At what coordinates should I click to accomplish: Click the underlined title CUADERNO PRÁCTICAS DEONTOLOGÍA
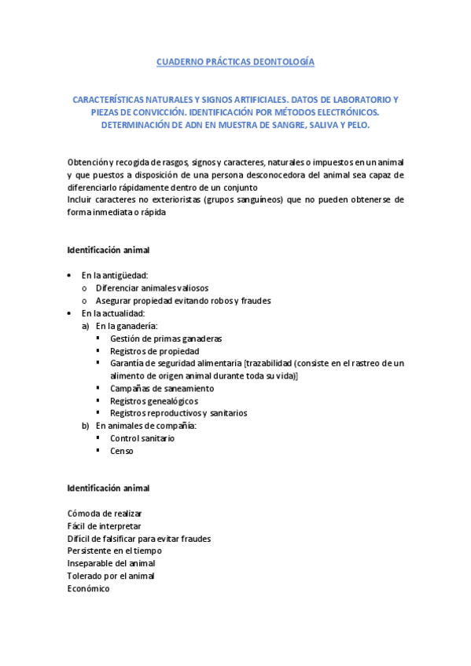pos(235,60)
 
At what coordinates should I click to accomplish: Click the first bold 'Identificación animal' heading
pos(108,250)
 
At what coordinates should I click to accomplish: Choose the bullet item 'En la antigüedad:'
pos(115,275)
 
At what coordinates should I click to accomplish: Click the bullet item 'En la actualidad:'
pos(114,313)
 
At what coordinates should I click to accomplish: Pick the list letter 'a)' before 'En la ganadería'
pos(86,325)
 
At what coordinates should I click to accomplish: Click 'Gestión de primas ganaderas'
pos(166,338)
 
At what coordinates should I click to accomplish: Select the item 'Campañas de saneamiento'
pos(162,388)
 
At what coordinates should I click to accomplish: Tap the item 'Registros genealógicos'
pos(154,401)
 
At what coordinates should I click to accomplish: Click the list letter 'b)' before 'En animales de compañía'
pos(86,426)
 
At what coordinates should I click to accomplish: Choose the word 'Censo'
pos(122,451)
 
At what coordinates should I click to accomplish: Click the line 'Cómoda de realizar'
pos(105,513)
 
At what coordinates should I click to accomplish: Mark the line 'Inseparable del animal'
pos(111,563)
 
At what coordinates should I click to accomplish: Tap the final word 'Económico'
pos(89,588)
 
